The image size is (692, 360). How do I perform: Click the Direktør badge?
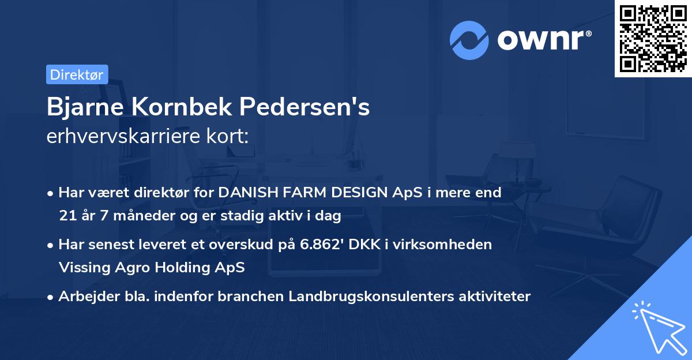click(x=77, y=74)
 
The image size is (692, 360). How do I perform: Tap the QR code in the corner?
click(x=652, y=39)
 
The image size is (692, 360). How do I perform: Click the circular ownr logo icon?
click(x=469, y=39)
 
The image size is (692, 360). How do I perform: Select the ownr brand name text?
click(x=543, y=39)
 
